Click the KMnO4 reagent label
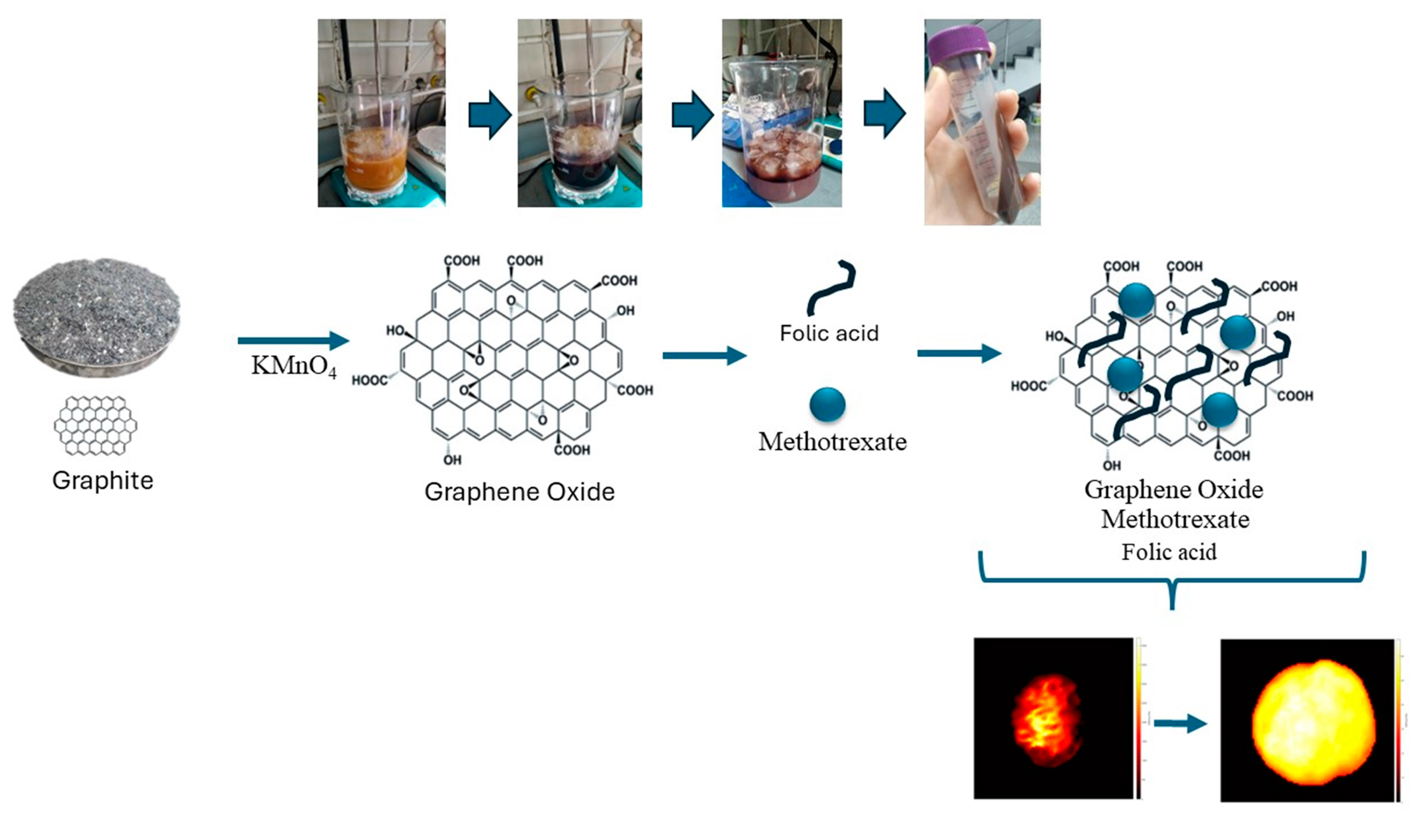(x=293, y=366)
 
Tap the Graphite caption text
(x=103, y=480)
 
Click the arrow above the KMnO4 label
(x=293, y=341)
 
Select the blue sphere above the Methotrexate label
(x=827, y=404)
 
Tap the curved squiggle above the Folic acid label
(x=831, y=287)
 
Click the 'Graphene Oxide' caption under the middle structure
(x=519, y=491)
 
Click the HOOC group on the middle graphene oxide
(x=369, y=381)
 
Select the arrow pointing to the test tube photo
(x=884, y=113)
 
